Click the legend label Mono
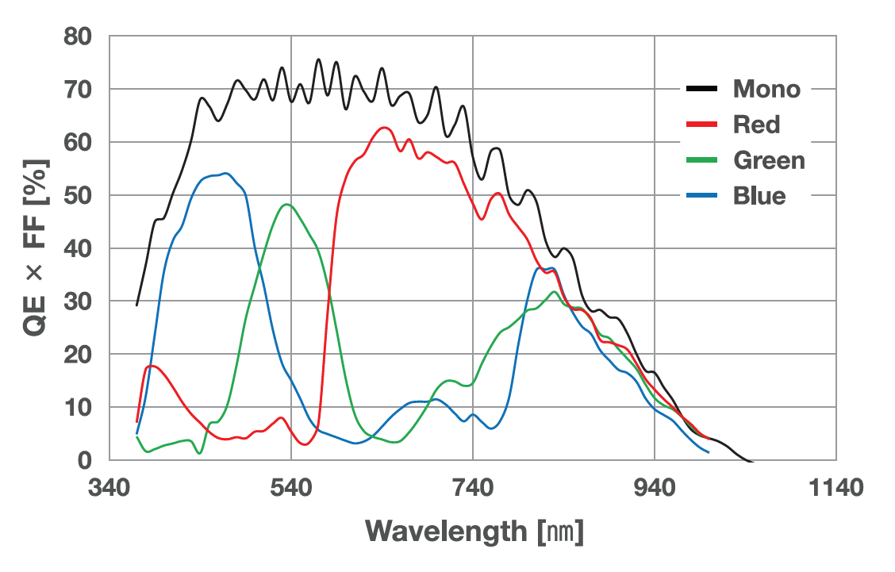(x=766, y=89)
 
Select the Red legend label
(x=756, y=125)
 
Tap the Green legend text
(x=769, y=160)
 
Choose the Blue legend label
(x=759, y=195)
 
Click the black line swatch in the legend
(x=702, y=89)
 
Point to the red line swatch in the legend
(x=702, y=125)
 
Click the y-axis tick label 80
(x=79, y=36)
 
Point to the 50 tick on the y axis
(x=79, y=195)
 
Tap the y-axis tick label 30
(x=79, y=301)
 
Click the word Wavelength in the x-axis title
(x=445, y=530)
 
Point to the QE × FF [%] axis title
(x=36, y=248)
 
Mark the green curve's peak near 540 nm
(x=286, y=205)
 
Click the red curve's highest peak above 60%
(x=384, y=127)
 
